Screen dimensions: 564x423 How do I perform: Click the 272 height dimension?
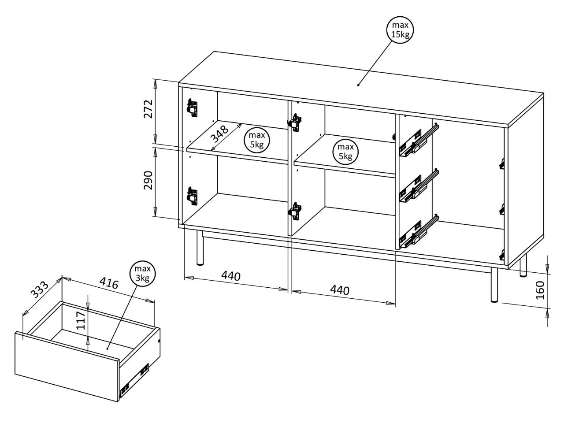click(x=148, y=109)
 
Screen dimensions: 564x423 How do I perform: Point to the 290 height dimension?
click(x=148, y=180)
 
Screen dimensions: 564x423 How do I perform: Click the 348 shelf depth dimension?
click(x=219, y=134)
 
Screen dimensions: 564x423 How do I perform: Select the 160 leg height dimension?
click(x=540, y=290)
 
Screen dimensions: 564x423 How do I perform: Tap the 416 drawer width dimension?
click(x=109, y=283)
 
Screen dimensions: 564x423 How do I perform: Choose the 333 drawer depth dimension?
click(x=39, y=290)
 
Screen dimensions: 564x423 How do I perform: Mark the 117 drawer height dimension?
click(x=81, y=321)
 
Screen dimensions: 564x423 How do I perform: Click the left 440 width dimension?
click(x=231, y=276)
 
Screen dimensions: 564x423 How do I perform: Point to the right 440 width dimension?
click(x=340, y=290)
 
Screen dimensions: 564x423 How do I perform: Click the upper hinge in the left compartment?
click(x=192, y=108)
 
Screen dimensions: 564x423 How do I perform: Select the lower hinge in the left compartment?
click(x=192, y=196)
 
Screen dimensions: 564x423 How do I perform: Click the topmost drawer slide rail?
click(x=419, y=141)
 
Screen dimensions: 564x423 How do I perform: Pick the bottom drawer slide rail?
click(x=419, y=231)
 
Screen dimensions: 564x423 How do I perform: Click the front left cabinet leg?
click(x=200, y=248)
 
